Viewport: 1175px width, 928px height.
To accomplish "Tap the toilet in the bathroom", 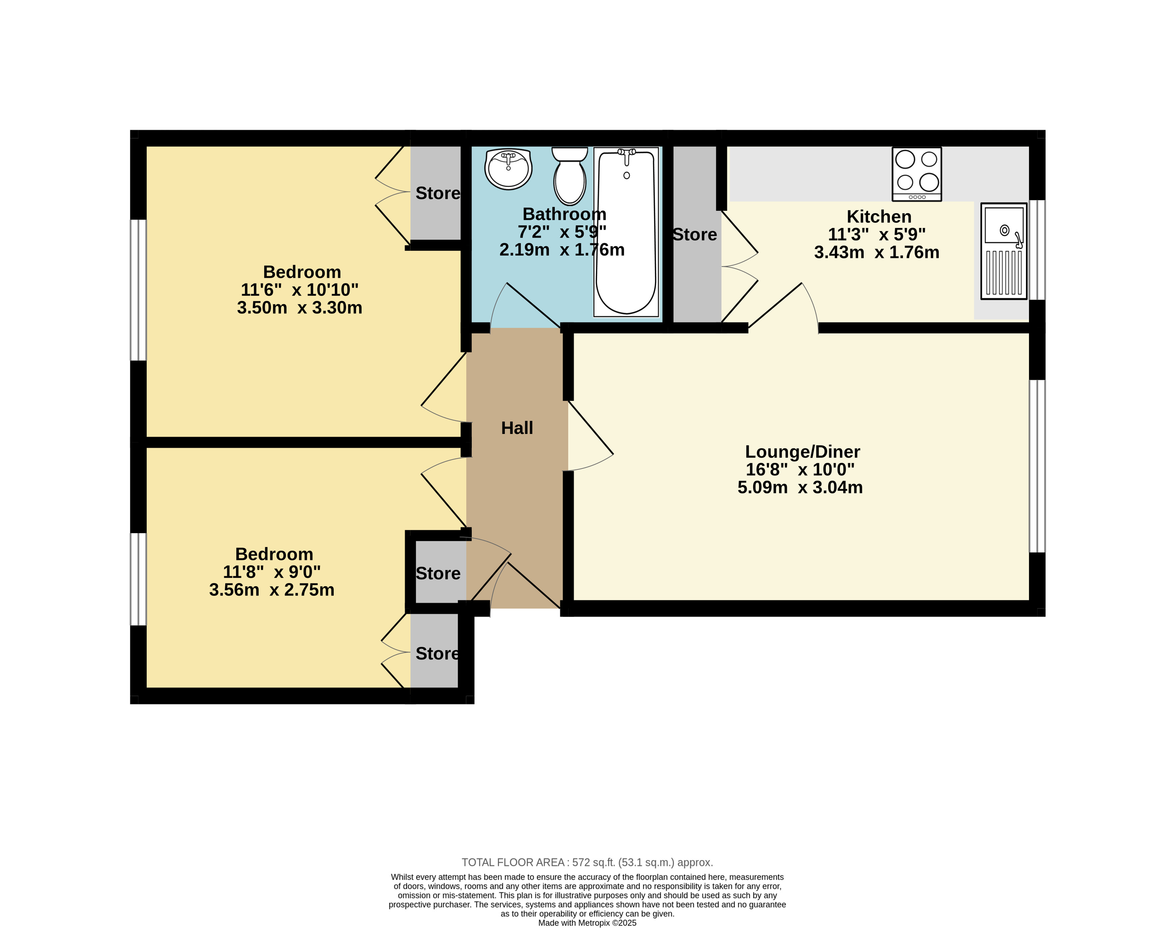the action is [569, 176].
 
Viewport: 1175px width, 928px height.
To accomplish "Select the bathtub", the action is [626, 232].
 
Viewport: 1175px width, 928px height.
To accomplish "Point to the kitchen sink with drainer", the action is [1004, 251].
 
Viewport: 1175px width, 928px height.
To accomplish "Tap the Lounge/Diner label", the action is [802, 451].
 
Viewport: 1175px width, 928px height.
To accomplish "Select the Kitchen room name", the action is [879, 216].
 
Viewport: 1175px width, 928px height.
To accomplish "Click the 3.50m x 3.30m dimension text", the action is [299, 308].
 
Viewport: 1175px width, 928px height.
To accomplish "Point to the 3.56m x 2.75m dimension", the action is [272, 590].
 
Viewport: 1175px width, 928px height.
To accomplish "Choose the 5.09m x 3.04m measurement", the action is [800, 487].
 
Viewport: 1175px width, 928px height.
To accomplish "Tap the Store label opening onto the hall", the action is [438, 573].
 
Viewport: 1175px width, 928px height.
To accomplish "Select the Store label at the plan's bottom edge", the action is [438, 654].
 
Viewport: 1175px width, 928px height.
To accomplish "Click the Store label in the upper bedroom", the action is [438, 193].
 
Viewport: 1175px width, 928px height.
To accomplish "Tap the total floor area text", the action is [587, 862].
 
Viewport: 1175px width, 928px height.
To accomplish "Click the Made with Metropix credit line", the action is [587, 923].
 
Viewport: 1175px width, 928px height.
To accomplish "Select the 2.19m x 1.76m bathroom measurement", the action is [562, 250].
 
